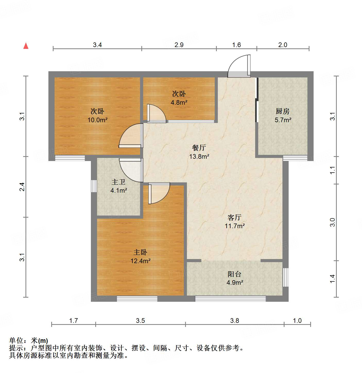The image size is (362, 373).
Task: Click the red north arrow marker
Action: [x=26, y=46]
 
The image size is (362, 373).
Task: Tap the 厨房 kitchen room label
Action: [x=282, y=111]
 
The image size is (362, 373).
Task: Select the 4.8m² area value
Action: [x=179, y=102]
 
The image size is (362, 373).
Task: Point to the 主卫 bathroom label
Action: [x=118, y=182]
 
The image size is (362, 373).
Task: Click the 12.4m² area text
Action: [x=140, y=261]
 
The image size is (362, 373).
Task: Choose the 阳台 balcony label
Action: [x=234, y=274]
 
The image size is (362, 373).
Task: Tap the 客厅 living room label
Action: [x=234, y=217]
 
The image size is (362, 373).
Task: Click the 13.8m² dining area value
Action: [x=199, y=156]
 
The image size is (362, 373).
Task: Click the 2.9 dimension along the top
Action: [x=179, y=45]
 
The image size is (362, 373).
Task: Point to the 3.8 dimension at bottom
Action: [x=235, y=321]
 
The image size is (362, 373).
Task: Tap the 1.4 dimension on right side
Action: [x=332, y=279]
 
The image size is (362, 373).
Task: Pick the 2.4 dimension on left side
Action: [x=23, y=187]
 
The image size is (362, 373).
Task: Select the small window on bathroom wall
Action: [x=94, y=186]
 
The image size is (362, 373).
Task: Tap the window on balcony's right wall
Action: [x=286, y=277]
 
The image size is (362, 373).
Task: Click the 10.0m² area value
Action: [x=97, y=120]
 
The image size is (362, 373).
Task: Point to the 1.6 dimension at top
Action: [x=236, y=45]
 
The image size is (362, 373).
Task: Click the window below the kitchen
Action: [x=295, y=158]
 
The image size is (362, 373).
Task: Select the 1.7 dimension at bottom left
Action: [x=73, y=321]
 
